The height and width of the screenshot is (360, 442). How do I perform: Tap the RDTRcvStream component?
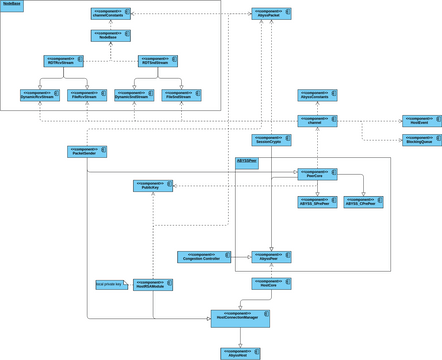click(x=63, y=61)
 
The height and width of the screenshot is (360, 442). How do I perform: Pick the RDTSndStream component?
click(x=157, y=61)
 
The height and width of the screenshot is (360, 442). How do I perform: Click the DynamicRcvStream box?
click(x=40, y=94)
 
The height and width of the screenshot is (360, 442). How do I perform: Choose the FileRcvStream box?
click(x=86, y=94)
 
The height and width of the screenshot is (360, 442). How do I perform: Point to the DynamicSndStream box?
click(x=134, y=94)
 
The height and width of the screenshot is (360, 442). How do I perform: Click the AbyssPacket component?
click(x=271, y=14)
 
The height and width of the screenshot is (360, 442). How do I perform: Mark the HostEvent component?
click(x=421, y=121)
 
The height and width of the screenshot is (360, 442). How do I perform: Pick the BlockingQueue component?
click(x=421, y=140)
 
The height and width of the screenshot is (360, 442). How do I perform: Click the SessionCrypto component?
click(x=271, y=140)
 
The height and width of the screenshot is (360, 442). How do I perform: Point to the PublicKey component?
click(x=153, y=185)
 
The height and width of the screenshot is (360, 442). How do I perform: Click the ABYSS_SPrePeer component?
click(x=317, y=201)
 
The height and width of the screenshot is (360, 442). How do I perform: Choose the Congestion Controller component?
click(x=199, y=256)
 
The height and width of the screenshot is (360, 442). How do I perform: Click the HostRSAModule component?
click(x=153, y=286)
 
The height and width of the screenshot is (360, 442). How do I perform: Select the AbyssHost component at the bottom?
click(x=240, y=352)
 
